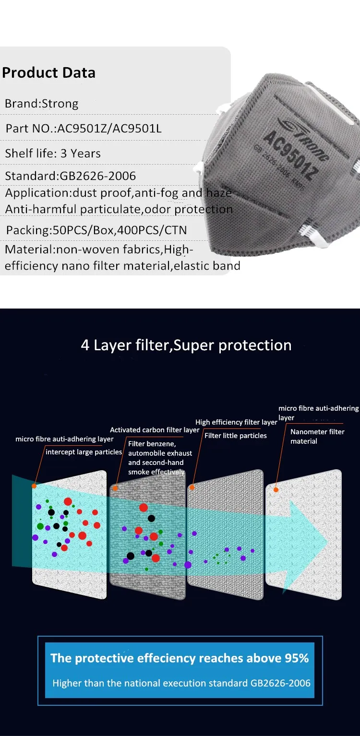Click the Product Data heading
tap(48, 73)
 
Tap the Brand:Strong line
tap(41, 104)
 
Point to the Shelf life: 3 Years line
tap(53, 154)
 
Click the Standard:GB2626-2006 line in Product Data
tap(71, 176)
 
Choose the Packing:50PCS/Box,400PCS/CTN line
tap(96, 230)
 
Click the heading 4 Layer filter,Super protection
tap(186, 345)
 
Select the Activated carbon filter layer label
tap(155, 430)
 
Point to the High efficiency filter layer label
tap(236, 422)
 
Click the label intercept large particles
tap(84, 452)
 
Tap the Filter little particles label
tap(236, 436)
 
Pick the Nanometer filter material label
tap(317, 436)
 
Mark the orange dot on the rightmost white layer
tap(276, 489)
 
